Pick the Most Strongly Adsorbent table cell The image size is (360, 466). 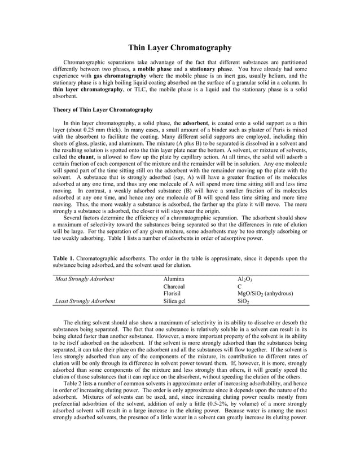(x=84, y=279)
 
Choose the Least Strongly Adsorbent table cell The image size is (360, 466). (x=85, y=301)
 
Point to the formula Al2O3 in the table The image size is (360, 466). (x=247, y=279)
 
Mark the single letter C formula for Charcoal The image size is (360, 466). (x=240, y=287)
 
